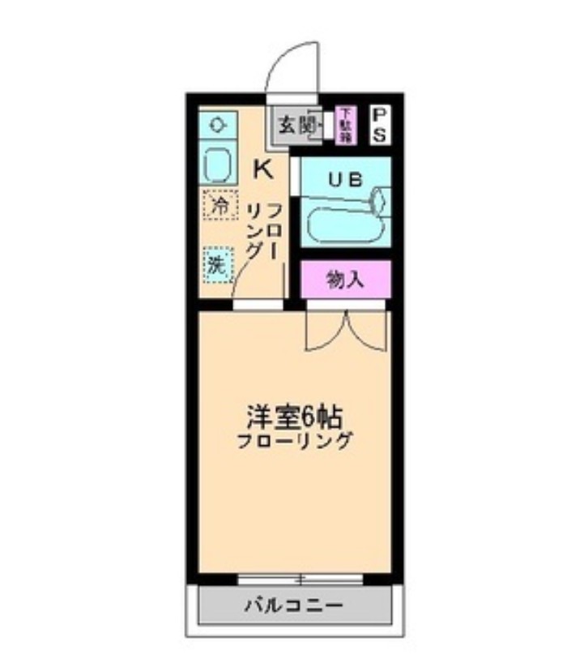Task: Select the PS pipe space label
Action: point(379,125)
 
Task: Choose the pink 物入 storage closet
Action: point(346,280)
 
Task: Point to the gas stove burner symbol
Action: point(218,125)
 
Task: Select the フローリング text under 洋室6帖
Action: point(295,443)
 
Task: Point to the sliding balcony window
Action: point(300,579)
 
